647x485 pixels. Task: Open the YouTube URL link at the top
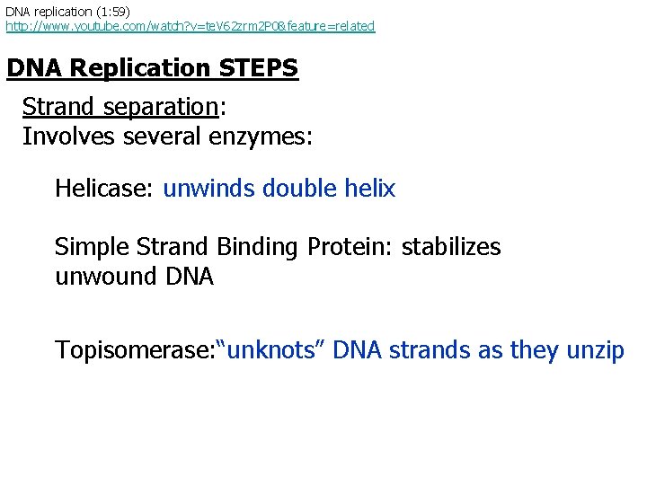pos(190,26)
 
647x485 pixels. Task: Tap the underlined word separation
pos(159,107)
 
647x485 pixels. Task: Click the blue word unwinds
pos(209,189)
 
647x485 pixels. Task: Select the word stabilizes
pos(451,247)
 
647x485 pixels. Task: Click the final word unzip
pos(595,350)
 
